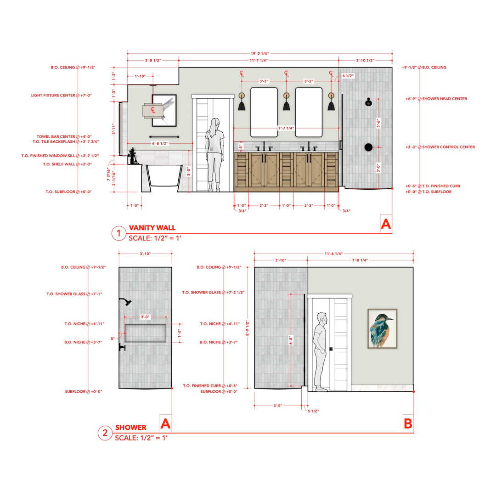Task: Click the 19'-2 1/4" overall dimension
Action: [259, 54]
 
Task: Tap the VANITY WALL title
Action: [152, 228]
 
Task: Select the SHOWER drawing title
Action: [130, 428]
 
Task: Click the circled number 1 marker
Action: [119, 233]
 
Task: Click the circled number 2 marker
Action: [105, 433]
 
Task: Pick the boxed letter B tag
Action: [408, 423]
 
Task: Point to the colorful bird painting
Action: [383, 329]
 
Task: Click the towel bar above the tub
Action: [164, 137]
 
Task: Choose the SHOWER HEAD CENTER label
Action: [445, 99]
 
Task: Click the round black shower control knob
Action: [368, 147]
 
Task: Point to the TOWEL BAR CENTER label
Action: [56, 137]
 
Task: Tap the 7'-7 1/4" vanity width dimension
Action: [286, 128]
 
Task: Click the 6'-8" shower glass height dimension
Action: [291, 340]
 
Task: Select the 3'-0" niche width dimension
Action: [145, 317]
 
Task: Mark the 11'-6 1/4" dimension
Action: [334, 254]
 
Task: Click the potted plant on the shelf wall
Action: [132, 155]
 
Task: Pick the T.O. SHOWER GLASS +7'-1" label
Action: [74, 294]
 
